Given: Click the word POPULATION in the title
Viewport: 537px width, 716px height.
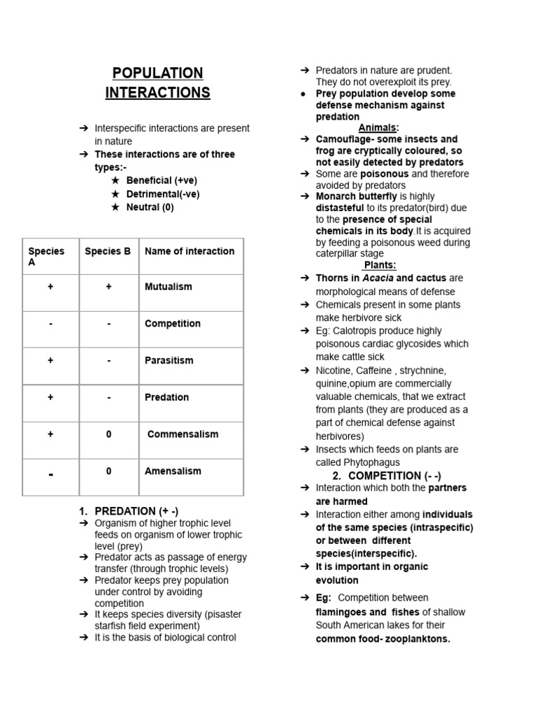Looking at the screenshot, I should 157,73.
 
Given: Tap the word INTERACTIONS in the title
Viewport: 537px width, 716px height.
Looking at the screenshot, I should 157,93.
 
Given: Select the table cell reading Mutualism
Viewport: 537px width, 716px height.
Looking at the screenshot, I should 168,287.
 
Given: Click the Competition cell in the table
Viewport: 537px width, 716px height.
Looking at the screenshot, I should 172,324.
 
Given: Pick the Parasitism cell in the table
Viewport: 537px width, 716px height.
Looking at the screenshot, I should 169,361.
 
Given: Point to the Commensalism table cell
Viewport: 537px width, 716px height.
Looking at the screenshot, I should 182,434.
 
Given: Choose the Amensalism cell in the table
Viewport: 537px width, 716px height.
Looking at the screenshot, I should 173,471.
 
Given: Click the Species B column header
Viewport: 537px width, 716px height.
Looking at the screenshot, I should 108,251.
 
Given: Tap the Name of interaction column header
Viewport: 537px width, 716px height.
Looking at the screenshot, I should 189,251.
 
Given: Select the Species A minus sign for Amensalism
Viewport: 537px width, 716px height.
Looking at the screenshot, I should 51,475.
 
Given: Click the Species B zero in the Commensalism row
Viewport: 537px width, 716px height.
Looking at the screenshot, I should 108,434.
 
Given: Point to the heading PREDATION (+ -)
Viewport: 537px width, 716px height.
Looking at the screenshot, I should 131,511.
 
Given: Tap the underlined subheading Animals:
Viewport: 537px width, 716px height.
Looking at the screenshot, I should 378,128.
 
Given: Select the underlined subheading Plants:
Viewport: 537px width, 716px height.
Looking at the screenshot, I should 380,265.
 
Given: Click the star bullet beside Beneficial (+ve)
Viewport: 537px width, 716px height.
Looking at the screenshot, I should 115,180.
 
